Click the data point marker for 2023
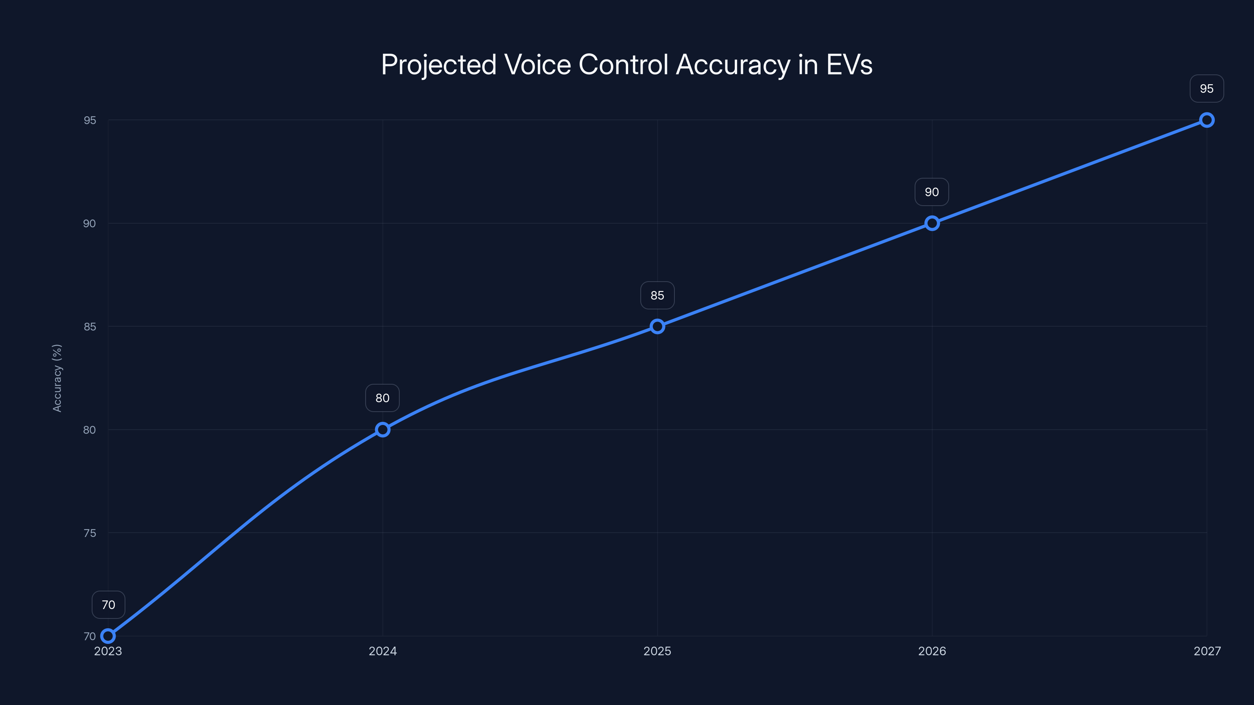click(108, 636)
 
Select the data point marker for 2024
click(382, 430)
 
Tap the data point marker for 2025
click(657, 327)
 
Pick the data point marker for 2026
click(932, 223)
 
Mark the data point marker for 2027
click(1206, 120)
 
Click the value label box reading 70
click(108, 605)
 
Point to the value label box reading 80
click(382, 398)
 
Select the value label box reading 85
click(657, 295)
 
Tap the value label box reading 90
click(932, 192)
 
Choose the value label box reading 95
click(1206, 89)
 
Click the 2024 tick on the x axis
click(382, 651)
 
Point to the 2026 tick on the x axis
click(932, 651)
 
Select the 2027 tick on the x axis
click(1207, 651)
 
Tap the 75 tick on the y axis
click(90, 533)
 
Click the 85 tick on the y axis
click(90, 327)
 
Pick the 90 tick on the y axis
click(90, 223)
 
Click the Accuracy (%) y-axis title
click(57, 378)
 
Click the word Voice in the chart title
click(537, 65)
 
